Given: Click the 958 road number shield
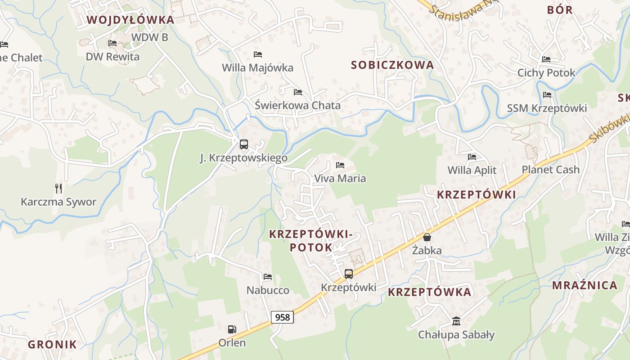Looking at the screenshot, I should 282,317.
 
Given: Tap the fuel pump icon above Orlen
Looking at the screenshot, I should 232,329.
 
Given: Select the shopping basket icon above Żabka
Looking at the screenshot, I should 427,237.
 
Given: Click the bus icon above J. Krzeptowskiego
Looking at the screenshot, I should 243,144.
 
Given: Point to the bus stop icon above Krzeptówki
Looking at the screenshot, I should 348,274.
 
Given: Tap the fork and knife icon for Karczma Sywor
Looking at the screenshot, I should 58,188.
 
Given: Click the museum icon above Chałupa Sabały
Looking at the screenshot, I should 456,321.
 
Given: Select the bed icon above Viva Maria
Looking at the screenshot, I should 340,165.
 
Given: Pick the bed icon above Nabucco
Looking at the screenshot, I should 268,277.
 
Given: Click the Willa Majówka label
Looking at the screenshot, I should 257,68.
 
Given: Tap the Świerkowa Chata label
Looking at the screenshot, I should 297,106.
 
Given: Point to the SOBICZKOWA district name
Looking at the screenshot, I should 392,65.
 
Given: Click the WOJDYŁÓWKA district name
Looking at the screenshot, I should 130,20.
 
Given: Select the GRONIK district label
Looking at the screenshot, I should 52,345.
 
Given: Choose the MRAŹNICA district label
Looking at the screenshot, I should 585,285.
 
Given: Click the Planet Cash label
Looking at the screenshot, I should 550,170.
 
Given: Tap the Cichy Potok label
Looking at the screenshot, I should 546,73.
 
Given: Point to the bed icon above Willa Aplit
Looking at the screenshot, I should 472,157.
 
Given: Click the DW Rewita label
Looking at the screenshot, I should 112,57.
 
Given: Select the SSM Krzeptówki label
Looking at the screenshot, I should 547,108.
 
